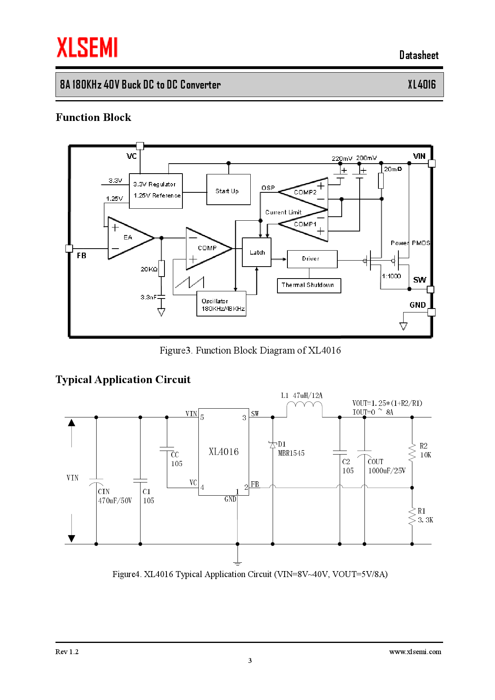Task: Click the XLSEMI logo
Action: pyautogui.click(x=87, y=47)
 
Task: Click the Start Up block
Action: pyautogui.click(x=228, y=190)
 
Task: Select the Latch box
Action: pyautogui.click(x=257, y=252)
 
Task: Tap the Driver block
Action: pyautogui.click(x=312, y=259)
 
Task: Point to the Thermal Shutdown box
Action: pyautogui.click(x=309, y=285)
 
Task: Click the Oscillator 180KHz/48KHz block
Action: pyautogui.click(x=221, y=305)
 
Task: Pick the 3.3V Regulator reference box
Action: pyautogui.click(x=156, y=190)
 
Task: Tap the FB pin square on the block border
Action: pyautogui.click(x=69, y=248)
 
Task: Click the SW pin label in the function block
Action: pyautogui.click(x=419, y=280)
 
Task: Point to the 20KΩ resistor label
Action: pyautogui.click(x=149, y=269)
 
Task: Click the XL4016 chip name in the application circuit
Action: pyautogui.click(x=224, y=451)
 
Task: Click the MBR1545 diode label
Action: pyautogui.click(x=291, y=453)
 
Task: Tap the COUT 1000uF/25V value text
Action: pyautogui.click(x=386, y=471)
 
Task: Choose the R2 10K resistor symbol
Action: pyautogui.click(x=412, y=453)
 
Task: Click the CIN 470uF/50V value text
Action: pyautogui.click(x=115, y=500)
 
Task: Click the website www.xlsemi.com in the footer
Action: pyautogui.click(x=415, y=652)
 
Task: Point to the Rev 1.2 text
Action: pyautogui.click(x=67, y=652)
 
